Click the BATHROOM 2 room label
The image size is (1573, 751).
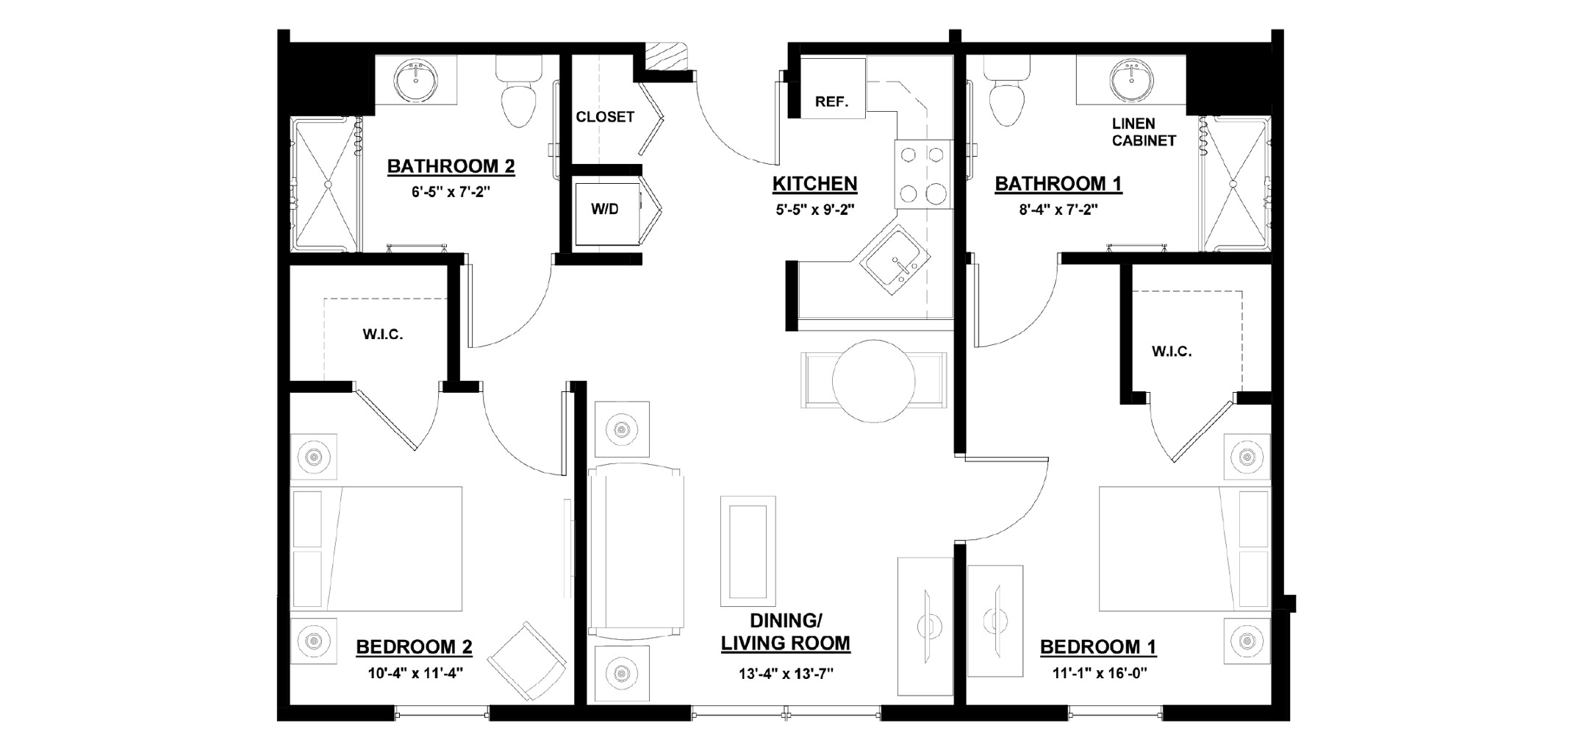point(451,166)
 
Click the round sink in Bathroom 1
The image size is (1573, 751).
point(1130,82)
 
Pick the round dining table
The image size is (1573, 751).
point(873,381)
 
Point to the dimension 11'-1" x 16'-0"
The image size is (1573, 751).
point(1098,672)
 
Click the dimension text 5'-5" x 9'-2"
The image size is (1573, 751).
point(814,210)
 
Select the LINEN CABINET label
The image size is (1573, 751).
point(1143,132)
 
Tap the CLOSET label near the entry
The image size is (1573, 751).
point(604,117)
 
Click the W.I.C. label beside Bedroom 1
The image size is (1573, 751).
point(1172,352)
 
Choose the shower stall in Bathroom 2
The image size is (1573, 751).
point(324,184)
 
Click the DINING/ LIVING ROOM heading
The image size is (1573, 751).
point(785,632)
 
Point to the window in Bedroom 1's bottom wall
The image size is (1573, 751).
point(1114,712)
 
